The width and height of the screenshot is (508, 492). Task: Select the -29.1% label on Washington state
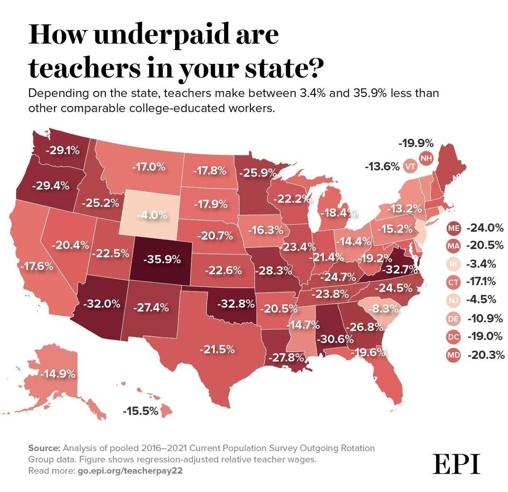[x=63, y=151]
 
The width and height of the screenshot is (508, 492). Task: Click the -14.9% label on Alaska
[x=57, y=374]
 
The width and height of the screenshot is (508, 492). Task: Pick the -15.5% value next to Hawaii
[x=140, y=411]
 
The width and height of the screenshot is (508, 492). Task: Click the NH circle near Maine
[x=426, y=158]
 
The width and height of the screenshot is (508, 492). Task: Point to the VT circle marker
[x=409, y=166]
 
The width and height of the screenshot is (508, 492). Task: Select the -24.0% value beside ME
[x=484, y=228]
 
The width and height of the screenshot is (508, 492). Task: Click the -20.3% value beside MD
[x=485, y=354]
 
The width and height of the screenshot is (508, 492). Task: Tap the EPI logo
[x=456, y=464]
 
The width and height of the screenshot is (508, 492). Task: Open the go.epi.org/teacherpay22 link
[x=120, y=470]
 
